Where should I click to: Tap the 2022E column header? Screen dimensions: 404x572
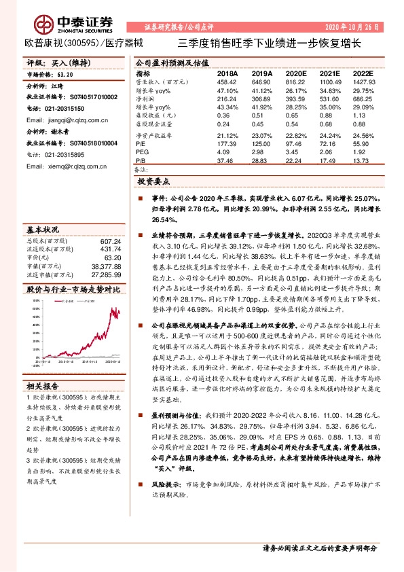pos(363,72)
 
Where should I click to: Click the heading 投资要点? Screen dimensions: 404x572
pos(153,182)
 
